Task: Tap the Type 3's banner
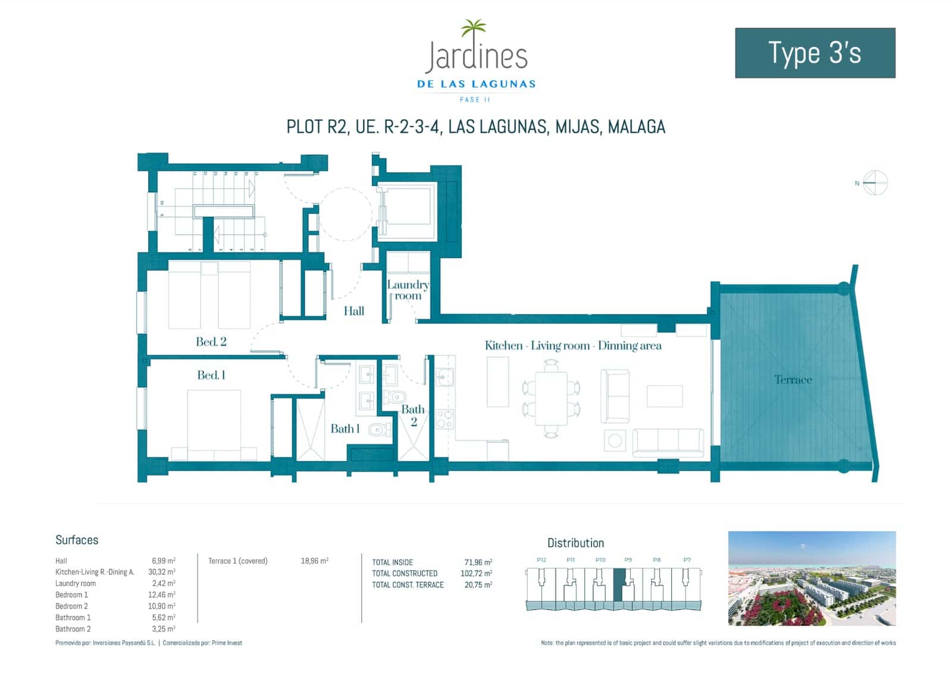[815, 53]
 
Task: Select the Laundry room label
[408, 290]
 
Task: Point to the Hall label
[353, 311]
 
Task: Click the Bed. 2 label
[211, 342]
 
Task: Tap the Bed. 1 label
[211, 375]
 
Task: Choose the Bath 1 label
[345, 429]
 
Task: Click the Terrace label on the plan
[793, 380]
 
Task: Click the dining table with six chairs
[551, 398]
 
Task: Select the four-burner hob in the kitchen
[444, 419]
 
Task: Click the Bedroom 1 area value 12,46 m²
[163, 595]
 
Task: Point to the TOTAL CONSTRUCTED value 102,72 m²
[476, 574]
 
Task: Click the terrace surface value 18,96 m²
[314, 561]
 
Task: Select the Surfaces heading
[77, 540]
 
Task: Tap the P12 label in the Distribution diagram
[541, 560]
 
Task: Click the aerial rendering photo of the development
[812, 578]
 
